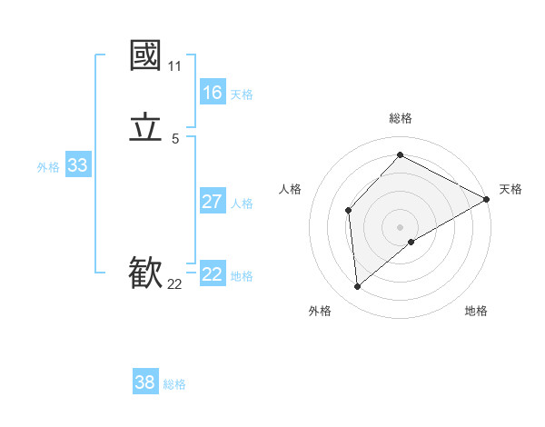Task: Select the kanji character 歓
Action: [x=145, y=273]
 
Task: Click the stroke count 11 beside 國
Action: [x=174, y=66]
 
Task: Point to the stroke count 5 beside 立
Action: [x=174, y=139]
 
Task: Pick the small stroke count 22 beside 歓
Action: [x=174, y=284]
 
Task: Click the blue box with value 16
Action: [x=213, y=93]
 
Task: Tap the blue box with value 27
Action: [x=213, y=202]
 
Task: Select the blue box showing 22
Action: [x=213, y=274]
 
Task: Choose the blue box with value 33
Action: [x=77, y=165]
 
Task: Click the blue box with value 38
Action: [x=145, y=382]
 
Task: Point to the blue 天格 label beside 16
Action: [x=242, y=94]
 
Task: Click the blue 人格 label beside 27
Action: [x=242, y=204]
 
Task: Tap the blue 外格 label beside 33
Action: [x=48, y=167]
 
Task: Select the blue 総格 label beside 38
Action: [x=174, y=384]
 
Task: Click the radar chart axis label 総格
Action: [x=400, y=118]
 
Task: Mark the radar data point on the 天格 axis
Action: [x=487, y=200]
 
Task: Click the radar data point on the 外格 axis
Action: [x=358, y=287]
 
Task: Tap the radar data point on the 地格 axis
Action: [x=411, y=242]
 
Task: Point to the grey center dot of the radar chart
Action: [x=400, y=226]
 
